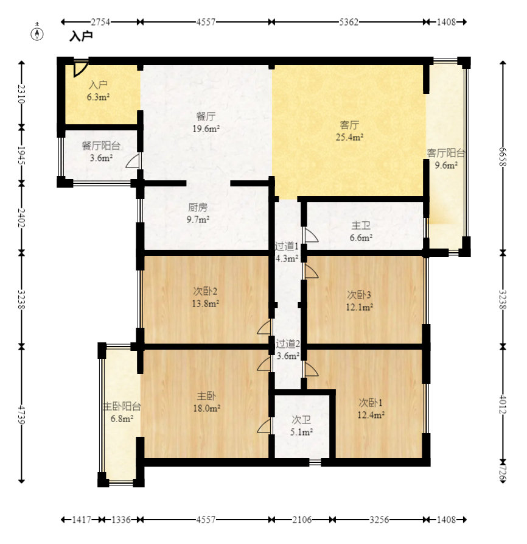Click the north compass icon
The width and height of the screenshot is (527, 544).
(37, 34)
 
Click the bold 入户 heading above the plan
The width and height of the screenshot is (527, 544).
(81, 36)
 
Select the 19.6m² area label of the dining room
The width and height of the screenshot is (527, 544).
(206, 129)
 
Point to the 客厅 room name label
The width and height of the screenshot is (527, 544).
(349, 124)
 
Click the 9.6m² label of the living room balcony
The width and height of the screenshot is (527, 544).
(446, 165)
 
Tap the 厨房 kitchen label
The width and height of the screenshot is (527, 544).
(198, 208)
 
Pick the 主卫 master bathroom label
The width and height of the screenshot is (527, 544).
(361, 225)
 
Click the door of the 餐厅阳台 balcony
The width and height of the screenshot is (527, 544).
(133, 161)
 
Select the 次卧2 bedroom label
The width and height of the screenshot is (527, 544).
(205, 291)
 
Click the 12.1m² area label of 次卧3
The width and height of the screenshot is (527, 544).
(359, 307)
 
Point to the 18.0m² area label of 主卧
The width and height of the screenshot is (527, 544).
(207, 408)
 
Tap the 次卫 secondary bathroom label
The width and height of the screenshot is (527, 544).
(301, 420)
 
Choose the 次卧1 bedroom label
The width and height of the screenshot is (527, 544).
(371, 403)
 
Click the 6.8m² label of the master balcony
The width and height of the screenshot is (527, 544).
(122, 419)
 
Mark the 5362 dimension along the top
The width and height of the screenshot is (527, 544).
(349, 22)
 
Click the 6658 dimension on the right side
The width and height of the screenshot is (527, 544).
(503, 157)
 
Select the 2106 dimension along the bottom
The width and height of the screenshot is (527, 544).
(301, 520)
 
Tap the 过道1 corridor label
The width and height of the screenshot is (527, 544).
(287, 246)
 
